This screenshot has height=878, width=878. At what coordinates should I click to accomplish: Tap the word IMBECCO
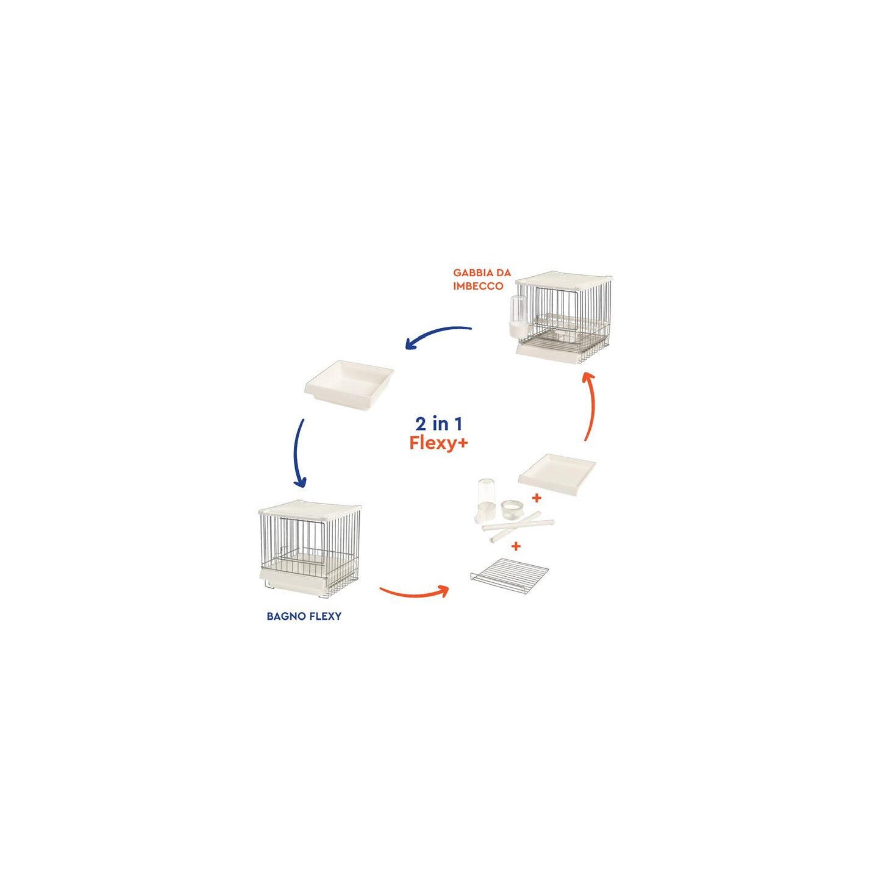(x=478, y=286)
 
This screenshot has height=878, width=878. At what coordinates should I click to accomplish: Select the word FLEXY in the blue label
(x=324, y=616)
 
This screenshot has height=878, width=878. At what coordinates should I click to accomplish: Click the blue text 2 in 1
(x=439, y=423)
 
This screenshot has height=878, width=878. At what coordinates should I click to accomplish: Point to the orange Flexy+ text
(x=439, y=443)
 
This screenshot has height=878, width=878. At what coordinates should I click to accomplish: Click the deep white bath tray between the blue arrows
(x=349, y=382)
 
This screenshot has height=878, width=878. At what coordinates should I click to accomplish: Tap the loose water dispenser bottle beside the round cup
(x=487, y=500)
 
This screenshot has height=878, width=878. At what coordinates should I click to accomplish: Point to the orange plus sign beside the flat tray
(x=537, y=498)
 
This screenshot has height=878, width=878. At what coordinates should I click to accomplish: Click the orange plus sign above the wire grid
(x=516, y=546)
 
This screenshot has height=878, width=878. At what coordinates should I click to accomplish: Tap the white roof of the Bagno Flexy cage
(x=310, y=507)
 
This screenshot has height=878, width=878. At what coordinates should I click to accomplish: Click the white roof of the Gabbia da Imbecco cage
(x=563, y=282)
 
